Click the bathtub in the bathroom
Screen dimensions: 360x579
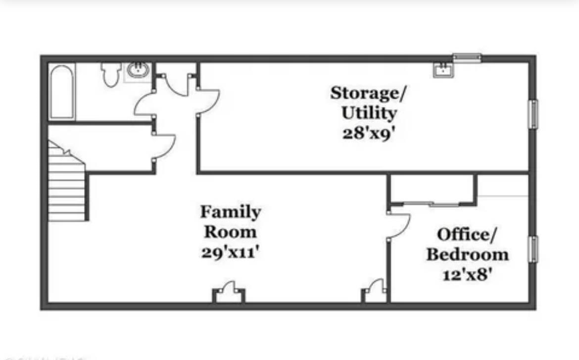coord(62,92)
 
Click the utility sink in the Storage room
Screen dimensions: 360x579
coord(443,70)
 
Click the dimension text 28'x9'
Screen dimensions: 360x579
coord(369,133)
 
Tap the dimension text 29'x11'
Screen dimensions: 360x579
coord(231,252)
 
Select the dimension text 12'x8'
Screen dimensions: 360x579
coord(467,274)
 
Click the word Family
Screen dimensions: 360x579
coord(231,212)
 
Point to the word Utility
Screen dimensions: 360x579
coord(369,113)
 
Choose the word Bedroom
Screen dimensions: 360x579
coord(467,255)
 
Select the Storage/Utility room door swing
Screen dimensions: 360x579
coord(208,102)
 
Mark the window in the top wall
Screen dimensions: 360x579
coord(467,58)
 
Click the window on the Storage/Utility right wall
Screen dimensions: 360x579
coord(533,114)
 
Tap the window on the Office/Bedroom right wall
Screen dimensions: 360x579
coord(533,249)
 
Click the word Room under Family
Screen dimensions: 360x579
coord(231,232)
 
